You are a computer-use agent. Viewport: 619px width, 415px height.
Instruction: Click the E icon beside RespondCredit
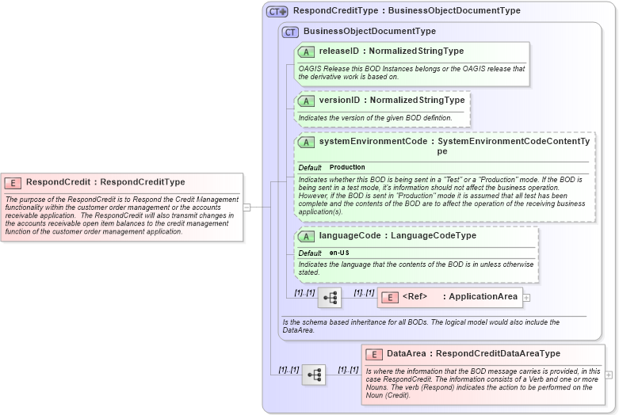coord(15,182)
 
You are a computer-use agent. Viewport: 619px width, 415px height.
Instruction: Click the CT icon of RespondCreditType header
coord(277,11)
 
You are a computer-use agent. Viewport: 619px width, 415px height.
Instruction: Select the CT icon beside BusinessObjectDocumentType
coord(291,32)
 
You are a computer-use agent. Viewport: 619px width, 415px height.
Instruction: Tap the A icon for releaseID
coord(307,52)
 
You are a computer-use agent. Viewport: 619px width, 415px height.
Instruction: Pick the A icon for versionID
coord(307,101)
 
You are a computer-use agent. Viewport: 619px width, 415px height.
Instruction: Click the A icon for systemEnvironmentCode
coord(307,142)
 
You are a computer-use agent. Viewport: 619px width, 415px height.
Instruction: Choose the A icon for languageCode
coord(307,236)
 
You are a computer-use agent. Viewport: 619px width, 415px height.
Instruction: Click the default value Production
coord(347,168)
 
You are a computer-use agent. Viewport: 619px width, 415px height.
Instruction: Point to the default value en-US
coord(339,253)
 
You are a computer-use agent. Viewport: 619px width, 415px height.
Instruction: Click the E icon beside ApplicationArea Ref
coord(389,297)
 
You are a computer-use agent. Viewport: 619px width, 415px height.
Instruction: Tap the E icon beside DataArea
coord(373,354)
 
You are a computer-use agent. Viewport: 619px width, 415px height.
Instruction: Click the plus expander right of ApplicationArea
coord(526,298)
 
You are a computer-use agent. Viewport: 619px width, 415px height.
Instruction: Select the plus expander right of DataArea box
coord(609,375)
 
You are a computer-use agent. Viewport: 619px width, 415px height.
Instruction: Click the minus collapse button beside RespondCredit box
coord(246,207)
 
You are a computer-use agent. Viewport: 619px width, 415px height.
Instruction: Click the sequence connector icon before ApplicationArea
coord(330,298)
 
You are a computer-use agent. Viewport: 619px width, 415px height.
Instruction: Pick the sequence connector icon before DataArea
coord(314,375)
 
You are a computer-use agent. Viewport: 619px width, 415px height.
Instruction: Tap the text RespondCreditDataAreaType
coord(498,354)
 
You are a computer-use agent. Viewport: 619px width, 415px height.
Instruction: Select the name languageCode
coord(350,236)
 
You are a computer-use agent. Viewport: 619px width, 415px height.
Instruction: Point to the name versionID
coord(339,101)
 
